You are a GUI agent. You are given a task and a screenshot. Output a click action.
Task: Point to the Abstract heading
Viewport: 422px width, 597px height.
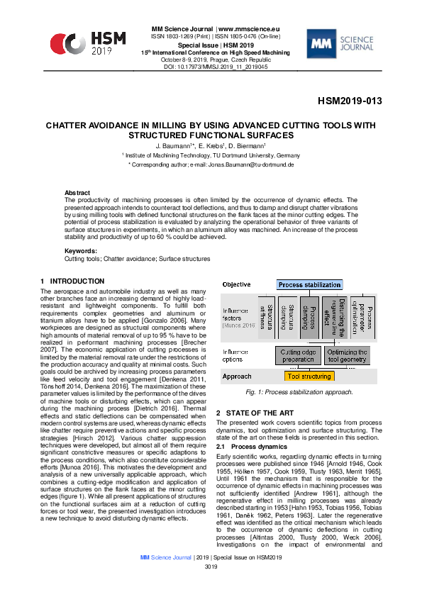point(77,193)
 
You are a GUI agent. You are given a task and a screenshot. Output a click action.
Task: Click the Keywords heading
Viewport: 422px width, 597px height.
point(80,251)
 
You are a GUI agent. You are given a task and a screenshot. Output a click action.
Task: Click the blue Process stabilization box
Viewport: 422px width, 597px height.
point(309,284)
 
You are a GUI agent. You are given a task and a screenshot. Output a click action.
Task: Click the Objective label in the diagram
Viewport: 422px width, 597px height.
point(237,284)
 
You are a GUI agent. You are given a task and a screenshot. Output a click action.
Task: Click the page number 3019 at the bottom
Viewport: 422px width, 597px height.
point(211,588)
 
